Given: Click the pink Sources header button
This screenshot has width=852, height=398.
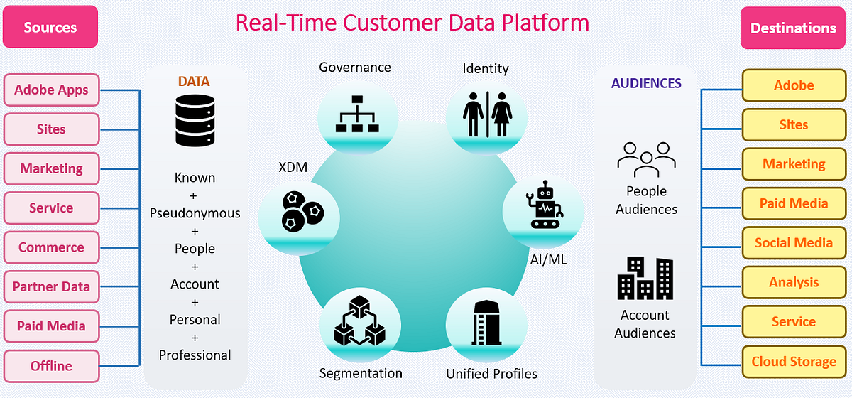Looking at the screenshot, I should (x=50, y=28).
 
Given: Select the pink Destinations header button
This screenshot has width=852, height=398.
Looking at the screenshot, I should (x=793, y=28).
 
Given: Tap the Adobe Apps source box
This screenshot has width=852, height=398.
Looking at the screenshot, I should (x=51, y=90).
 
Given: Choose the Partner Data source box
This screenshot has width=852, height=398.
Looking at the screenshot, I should (x=51, y=287).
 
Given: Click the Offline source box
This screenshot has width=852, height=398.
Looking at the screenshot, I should (x=51, y=366).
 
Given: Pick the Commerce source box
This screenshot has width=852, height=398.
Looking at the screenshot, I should (x=51, y=247).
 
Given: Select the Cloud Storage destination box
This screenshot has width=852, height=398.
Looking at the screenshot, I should (x=794, y=362).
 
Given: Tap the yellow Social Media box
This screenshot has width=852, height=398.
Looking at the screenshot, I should (x=794, y=242).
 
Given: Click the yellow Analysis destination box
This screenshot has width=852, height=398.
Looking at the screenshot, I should (x=794, y=282).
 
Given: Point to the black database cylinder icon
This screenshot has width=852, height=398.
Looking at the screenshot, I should (x=195, y=122).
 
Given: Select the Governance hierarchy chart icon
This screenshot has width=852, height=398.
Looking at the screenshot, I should (x=358, y=114).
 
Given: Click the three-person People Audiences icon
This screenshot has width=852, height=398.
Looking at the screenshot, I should (x=645, y=159).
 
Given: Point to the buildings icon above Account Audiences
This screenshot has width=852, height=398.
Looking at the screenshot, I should (x=645, y=279).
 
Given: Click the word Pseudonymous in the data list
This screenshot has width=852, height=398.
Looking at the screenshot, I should (x=195, y=213).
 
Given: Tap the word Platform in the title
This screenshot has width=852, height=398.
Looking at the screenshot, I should (x=544, y=23).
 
